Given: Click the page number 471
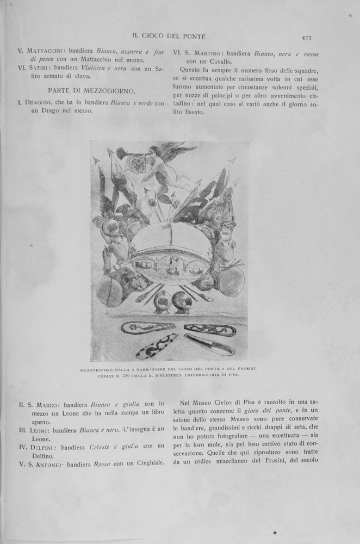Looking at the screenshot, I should (x=306, y=38).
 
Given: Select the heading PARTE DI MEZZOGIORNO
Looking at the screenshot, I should (x=91, y=90).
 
